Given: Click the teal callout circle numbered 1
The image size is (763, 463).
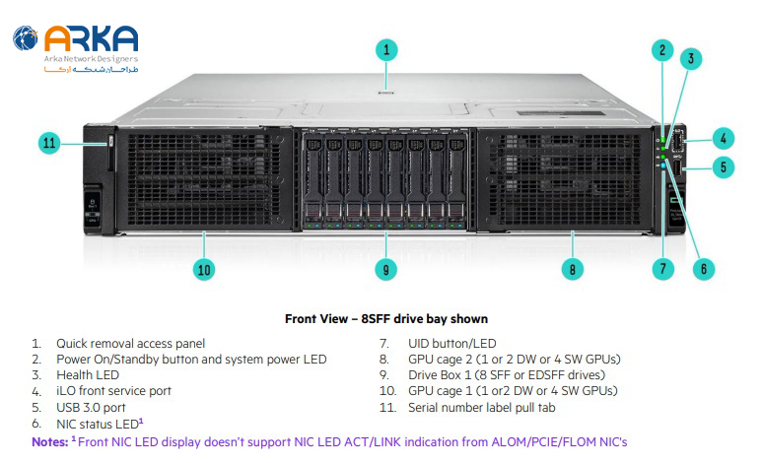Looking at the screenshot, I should click(387, 48).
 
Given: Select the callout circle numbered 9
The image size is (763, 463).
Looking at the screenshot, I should click(387, 268).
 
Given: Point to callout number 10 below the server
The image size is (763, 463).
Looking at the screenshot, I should click(204, 268).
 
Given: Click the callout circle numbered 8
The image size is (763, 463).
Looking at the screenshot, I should click(573, 268).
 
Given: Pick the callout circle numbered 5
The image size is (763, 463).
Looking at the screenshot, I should click(725, 167).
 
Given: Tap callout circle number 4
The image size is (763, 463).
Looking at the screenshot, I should click(725, 138).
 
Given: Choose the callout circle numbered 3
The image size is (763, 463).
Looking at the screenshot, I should click(693, 58).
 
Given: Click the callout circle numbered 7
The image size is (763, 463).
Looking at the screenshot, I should click(663, 268).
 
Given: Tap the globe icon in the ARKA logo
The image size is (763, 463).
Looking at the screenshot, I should click(27, 39).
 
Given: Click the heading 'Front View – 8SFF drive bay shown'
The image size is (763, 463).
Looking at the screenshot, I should click(386, 319).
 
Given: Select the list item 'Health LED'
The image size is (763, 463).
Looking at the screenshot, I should click(88, 374).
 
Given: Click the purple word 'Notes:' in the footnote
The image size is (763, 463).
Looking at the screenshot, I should click(49, 441).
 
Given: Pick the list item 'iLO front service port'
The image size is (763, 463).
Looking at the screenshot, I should click(113, 390).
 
